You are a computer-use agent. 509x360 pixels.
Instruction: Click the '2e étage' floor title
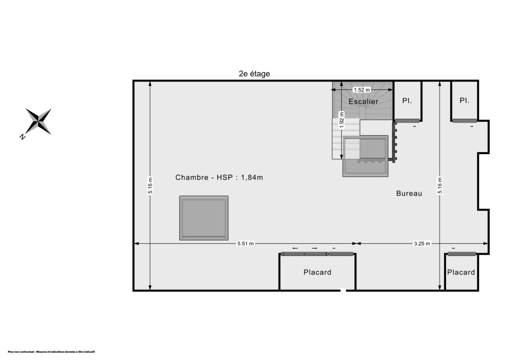(254, 74)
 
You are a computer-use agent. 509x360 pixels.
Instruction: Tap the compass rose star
(39, 121)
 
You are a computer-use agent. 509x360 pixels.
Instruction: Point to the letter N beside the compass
(22, 137)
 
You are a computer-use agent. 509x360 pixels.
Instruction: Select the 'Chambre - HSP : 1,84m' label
(219, 178)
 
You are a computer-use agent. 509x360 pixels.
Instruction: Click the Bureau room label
(409, 193)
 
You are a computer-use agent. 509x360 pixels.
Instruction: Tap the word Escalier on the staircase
(363, 102)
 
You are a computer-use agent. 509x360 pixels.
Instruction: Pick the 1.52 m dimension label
(362, 90)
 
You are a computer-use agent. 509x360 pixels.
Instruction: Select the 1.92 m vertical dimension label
(342, 120)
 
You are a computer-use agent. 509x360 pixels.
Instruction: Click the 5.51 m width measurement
(246, 243)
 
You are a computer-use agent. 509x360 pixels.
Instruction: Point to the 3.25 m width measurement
(422, 243)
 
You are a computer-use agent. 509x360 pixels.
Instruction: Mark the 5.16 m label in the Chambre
(150, 185)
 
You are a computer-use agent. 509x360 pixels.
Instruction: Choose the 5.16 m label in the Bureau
(440, 185)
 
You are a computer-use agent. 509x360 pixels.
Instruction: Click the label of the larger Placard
(317, 272)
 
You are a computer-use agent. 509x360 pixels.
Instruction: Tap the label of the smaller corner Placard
(461, 272)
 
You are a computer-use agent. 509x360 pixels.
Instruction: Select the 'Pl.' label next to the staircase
(407, 101)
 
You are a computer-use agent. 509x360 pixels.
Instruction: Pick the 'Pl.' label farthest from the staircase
(464, 101)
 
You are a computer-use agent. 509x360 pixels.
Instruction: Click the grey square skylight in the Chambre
(204, 218)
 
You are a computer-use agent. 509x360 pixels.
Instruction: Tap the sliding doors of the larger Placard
(317, 254)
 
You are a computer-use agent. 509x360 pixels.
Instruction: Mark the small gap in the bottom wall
(343, 290)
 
